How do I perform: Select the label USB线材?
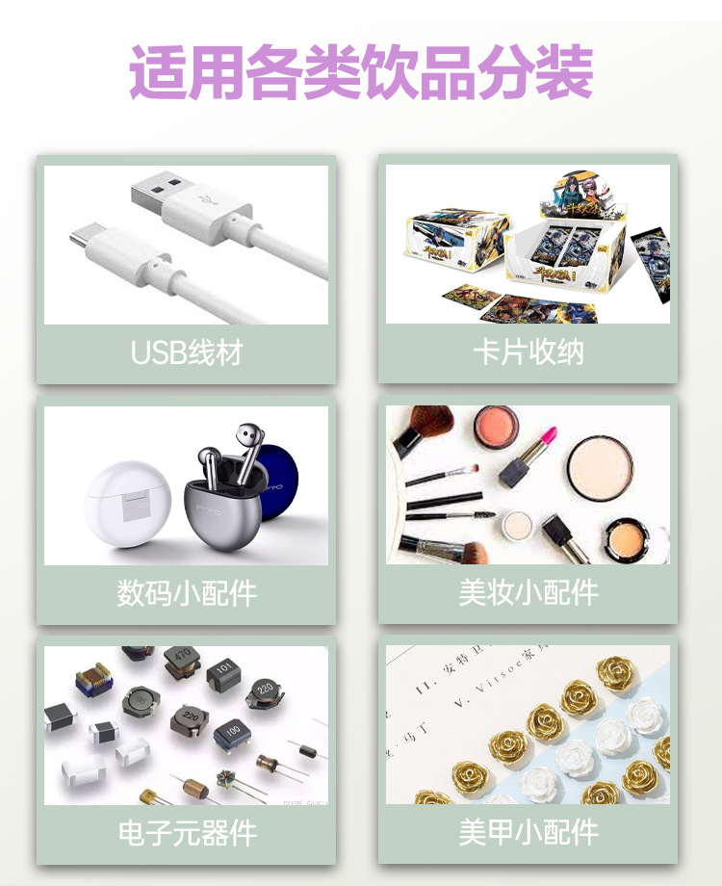point(187,352)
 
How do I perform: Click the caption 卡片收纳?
point(528,352)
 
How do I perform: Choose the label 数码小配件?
point(187,592)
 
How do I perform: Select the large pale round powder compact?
point(599,469)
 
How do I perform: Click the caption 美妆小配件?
point(528,592)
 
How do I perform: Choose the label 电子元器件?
point(187,833)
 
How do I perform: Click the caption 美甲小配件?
point(528,833)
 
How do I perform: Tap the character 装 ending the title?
point(561,71)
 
